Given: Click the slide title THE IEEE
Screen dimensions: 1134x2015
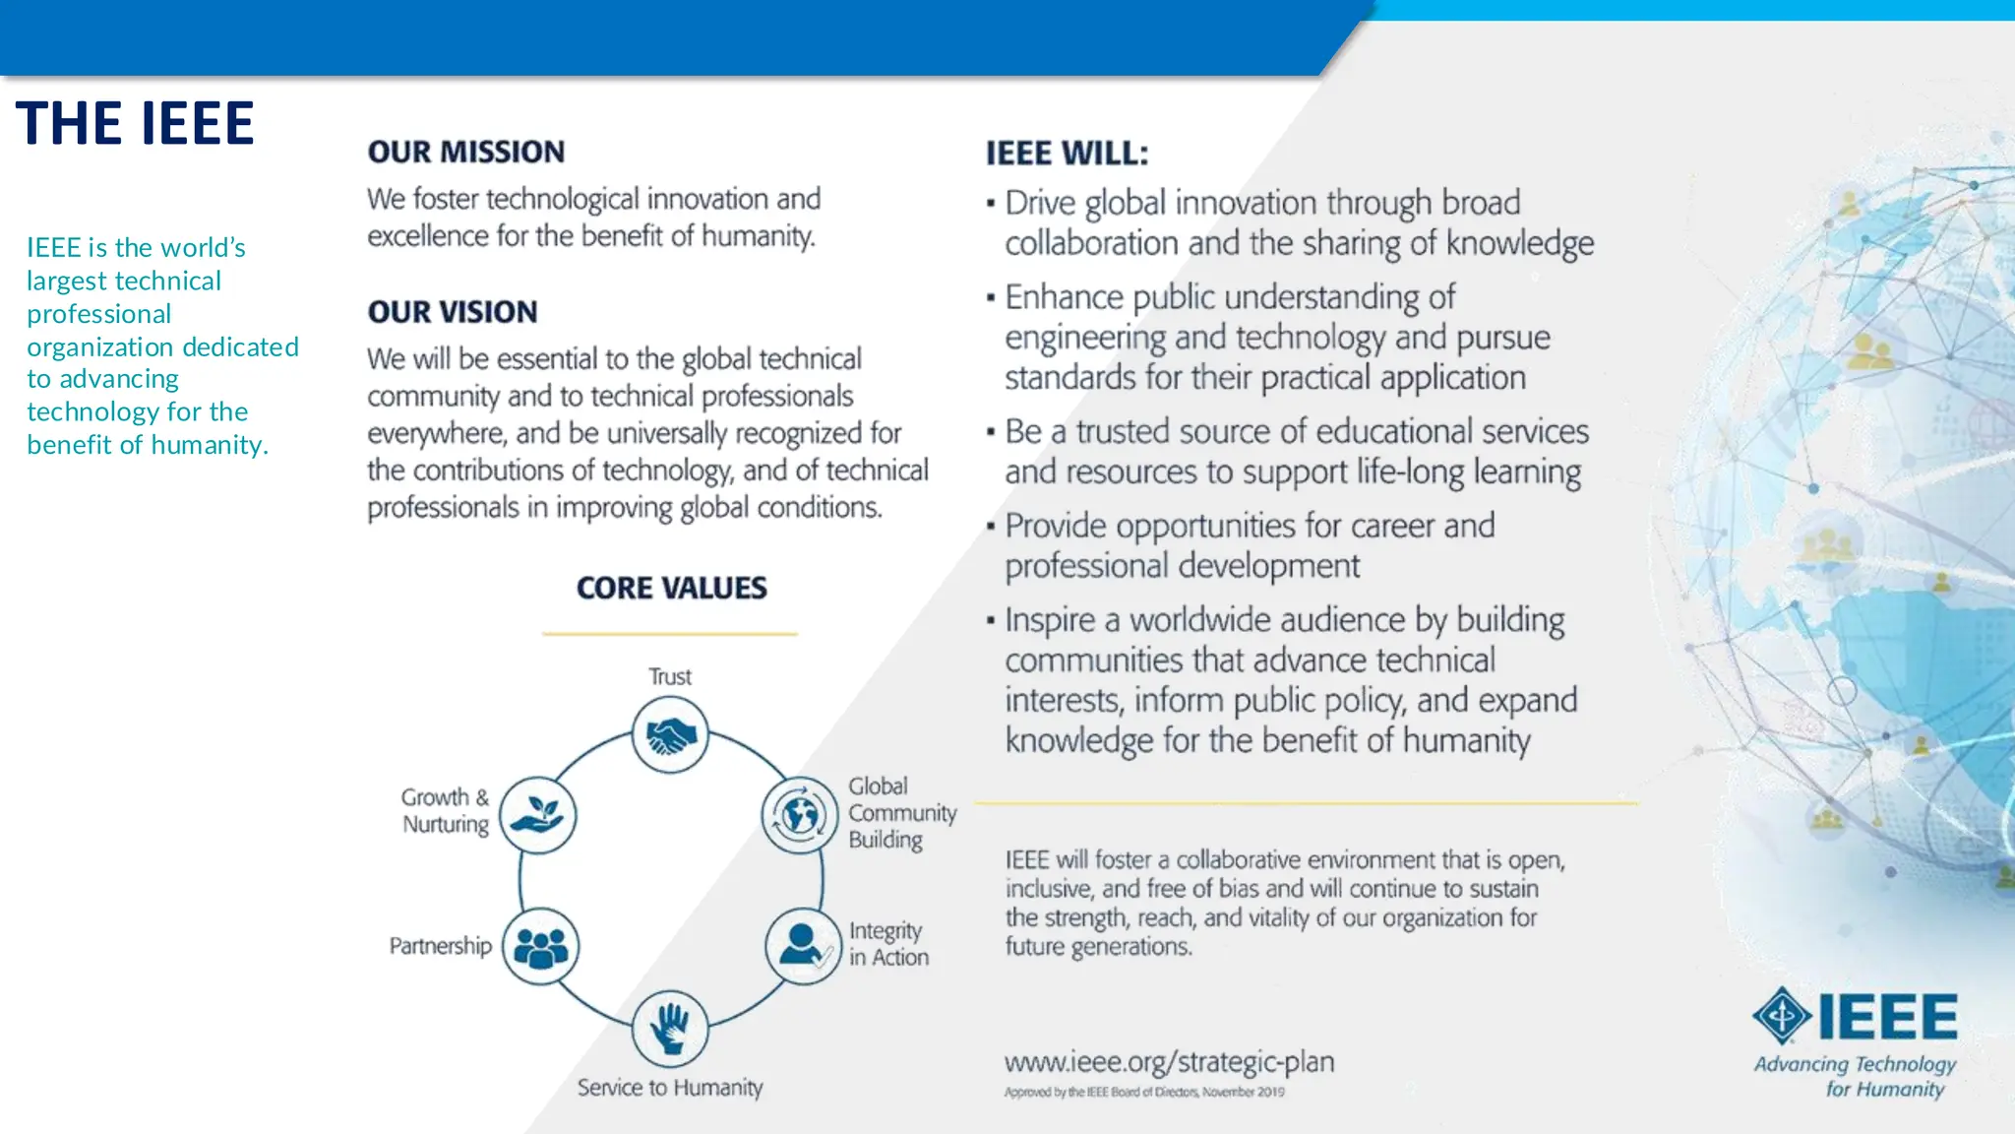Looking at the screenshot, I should (x=135, y=123).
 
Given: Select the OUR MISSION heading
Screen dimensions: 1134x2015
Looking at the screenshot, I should (x=466, y=152).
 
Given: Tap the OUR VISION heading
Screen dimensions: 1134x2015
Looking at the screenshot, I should (x=453, y=311).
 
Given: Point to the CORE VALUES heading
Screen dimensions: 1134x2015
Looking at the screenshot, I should (x=671, y=588).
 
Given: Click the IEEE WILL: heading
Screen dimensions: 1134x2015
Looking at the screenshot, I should (x=1067, y=153).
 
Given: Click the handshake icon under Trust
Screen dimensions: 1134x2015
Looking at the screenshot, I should (x=670, y=734).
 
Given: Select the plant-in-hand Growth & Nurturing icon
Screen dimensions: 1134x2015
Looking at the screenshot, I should (x=538, y=815).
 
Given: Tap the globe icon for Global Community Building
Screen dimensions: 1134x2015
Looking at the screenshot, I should (x=799, y=815).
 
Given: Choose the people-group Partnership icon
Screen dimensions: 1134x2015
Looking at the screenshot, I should (x=540, y=946).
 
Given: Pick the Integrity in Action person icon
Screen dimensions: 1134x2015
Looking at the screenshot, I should (x=803, y=946).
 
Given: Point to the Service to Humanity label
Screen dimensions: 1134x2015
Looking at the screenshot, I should (x=670, y=1087).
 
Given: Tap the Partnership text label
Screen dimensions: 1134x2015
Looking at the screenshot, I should (x=440, y=946).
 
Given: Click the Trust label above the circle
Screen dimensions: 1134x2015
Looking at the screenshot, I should (x=670, y=676).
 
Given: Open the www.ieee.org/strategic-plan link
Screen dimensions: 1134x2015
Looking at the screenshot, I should (x=1169, y=1061).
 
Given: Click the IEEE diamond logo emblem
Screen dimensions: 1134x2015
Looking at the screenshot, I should (x=1782, y=1015).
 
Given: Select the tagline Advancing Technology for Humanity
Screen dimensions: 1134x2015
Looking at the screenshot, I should (x=1856, y=1076).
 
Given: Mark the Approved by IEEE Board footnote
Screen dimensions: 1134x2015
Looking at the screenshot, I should (x=1144, y=1092).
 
